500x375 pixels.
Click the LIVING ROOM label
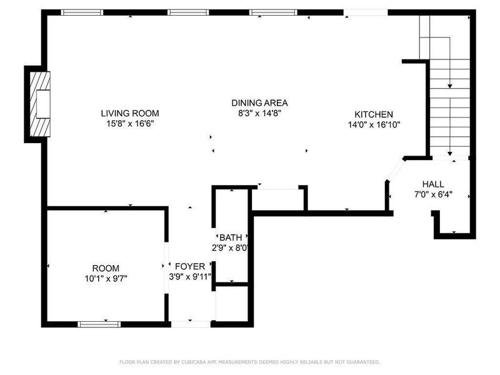(x=130, y=113)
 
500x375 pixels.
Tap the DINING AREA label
(x=259, y=102)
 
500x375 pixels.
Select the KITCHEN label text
(x=374, y=114)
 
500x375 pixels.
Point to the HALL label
(x=432, y=184)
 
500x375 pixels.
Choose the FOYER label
(x=189, y=266)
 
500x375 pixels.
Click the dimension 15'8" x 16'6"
(x=130, y=124)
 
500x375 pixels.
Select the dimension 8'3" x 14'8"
(x=259, y=113)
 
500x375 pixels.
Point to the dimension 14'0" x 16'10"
(x=374, y=124)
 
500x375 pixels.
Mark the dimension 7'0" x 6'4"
(x=432, y=194)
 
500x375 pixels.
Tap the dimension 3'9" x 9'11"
(x=190, y=276)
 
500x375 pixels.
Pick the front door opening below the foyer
(x=191, y=324)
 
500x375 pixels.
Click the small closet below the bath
(x=232, y=305)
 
